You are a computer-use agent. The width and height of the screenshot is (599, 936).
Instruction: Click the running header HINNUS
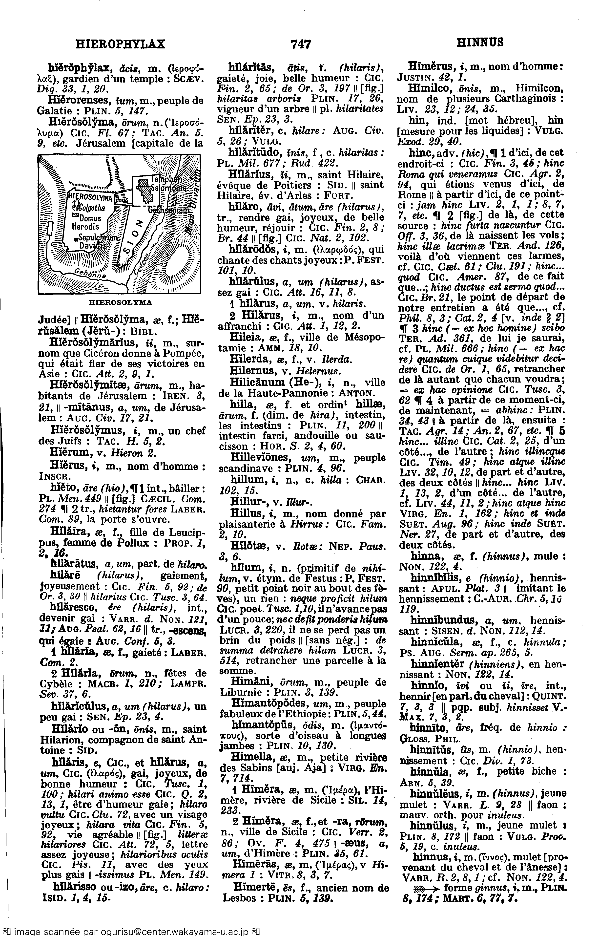coord(480,42)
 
